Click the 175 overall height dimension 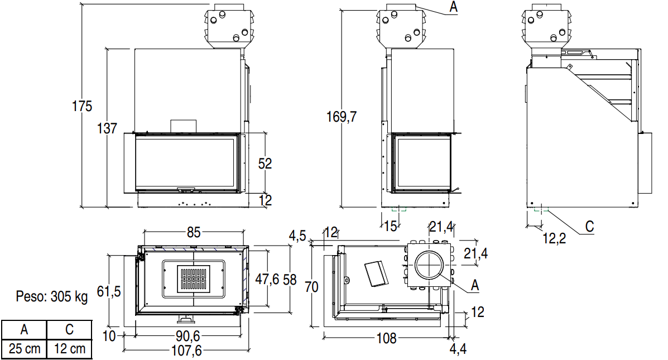pos(82,106)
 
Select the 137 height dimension pos(107,128)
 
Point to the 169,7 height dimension pos(341,117)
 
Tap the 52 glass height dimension pos(265,164)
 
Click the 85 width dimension pos(194,232)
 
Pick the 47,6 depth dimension pos(267,279)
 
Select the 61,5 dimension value pos(109,291)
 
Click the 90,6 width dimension pos(188,335)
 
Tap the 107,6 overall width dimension pos(186,350)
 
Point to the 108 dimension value pos(386,338)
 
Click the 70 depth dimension pos(311,287)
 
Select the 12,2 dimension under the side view pos(554,238)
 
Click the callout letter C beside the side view pos(590,226)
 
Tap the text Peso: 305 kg pos(51,296)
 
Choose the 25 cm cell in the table pos(25,349)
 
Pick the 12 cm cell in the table pos(69,349)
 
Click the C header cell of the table pos(69,329)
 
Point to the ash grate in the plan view pos(194,279)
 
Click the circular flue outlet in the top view pos(428,265)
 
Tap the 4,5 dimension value pos(297,236)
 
